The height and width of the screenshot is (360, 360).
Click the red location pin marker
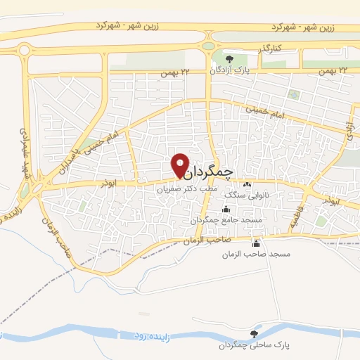tap(181, 165)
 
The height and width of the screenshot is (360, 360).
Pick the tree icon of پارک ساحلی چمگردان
tap(254, 334)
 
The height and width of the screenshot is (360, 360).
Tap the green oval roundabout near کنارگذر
tap(209, 46)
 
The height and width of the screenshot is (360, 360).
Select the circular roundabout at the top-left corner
tap(25, 50)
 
